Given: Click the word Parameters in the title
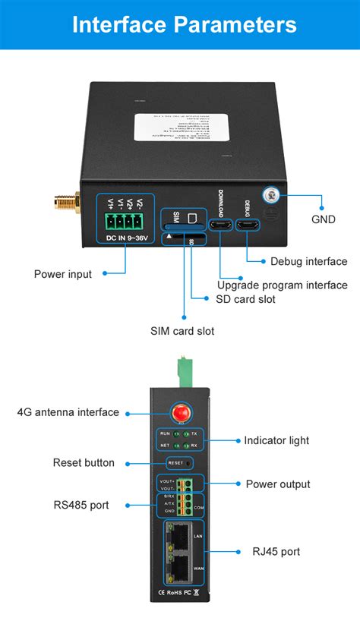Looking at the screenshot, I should (x=235, y=24).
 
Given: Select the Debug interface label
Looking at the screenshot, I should (x=308, y=261).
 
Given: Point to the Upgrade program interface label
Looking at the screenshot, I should (x=282, y=285).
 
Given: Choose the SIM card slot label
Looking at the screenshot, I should (x=182, y=331).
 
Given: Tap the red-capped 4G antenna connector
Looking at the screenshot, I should (x=180, y=412).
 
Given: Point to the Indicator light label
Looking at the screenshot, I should (x=276, y=440).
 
